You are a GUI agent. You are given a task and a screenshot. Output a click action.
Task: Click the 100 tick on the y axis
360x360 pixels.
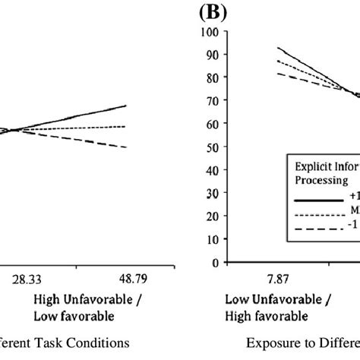(204, 32)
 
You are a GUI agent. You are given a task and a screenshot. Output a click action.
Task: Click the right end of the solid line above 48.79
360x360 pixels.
(126, 106)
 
